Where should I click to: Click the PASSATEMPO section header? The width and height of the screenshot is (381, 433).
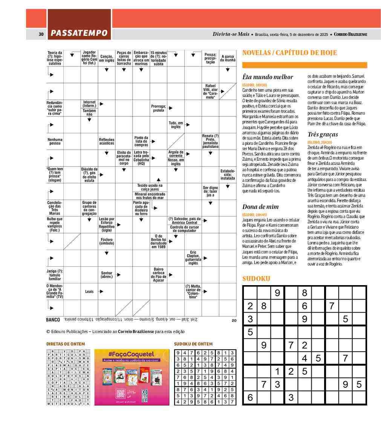tap(79, 34)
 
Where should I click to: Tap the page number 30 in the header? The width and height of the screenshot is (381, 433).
tap(41, 34)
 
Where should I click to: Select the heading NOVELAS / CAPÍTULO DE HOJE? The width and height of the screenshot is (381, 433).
tap(289, 53)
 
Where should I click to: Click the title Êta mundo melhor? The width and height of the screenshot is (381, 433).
tap(268, 77)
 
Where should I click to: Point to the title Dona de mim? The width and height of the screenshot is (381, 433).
tap(260, 207)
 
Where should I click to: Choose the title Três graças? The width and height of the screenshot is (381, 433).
tap(323, 134)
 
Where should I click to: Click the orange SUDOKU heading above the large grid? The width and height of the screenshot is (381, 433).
tap(256, 279)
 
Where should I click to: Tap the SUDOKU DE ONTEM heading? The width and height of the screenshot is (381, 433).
tap(193, 344)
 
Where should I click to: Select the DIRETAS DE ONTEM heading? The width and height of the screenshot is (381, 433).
tap(66, 344)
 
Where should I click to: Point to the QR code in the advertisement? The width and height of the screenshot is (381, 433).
tap(121, 392)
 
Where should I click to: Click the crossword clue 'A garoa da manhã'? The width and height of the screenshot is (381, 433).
tap(228, 58)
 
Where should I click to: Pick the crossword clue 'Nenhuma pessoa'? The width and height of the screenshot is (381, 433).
tap(55, 141)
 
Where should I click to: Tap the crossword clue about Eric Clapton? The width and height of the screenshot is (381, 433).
tap(193, 258)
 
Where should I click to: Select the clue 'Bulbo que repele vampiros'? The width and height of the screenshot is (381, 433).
tap(55, 224)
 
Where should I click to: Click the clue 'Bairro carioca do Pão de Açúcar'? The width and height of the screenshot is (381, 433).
tap(159, 275)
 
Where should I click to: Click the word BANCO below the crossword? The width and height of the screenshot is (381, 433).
tap(53, 320)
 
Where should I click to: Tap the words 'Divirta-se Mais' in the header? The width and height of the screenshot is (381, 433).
tap(231, 34)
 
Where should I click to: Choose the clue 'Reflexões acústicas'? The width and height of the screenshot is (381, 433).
tap(107, 141)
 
